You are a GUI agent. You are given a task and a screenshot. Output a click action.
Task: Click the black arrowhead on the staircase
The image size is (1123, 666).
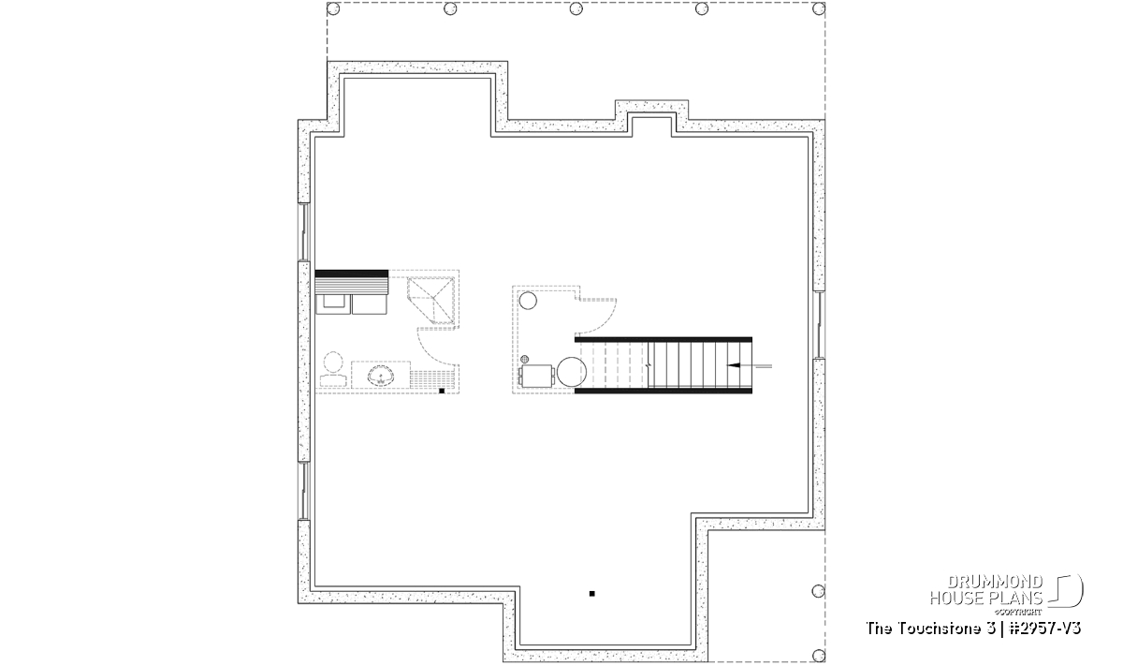734,365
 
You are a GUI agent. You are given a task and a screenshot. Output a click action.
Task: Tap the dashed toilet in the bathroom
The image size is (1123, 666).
333,369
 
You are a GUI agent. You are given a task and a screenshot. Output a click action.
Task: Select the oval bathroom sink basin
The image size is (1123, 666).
381,376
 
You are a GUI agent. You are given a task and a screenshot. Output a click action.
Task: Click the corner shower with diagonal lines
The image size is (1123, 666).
431,300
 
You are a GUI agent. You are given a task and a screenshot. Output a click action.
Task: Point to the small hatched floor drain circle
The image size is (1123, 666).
525,360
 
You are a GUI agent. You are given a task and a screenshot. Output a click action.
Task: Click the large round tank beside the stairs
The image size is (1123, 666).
572,372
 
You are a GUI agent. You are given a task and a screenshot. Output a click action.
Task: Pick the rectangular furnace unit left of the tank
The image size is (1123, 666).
537,376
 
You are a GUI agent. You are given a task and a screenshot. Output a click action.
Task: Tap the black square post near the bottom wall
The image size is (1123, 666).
592,594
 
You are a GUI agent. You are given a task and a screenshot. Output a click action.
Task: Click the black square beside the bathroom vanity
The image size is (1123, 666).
442,391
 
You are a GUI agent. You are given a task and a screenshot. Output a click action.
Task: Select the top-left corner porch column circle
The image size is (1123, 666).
333,8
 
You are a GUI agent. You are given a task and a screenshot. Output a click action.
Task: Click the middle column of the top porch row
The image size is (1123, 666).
576,8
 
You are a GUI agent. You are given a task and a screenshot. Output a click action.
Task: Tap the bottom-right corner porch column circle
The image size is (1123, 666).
818,655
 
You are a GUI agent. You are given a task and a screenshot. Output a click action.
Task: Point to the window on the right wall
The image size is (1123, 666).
819,325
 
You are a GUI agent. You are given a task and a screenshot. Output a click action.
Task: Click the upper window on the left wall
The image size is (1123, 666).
304,232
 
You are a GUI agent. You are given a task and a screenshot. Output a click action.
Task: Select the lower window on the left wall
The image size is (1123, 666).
304,491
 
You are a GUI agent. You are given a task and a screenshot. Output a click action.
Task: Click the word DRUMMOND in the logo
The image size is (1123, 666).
995,583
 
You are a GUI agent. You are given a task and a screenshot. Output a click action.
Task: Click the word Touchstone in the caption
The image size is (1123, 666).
944,629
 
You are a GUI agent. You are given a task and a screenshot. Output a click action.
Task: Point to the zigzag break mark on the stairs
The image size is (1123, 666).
649,365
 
